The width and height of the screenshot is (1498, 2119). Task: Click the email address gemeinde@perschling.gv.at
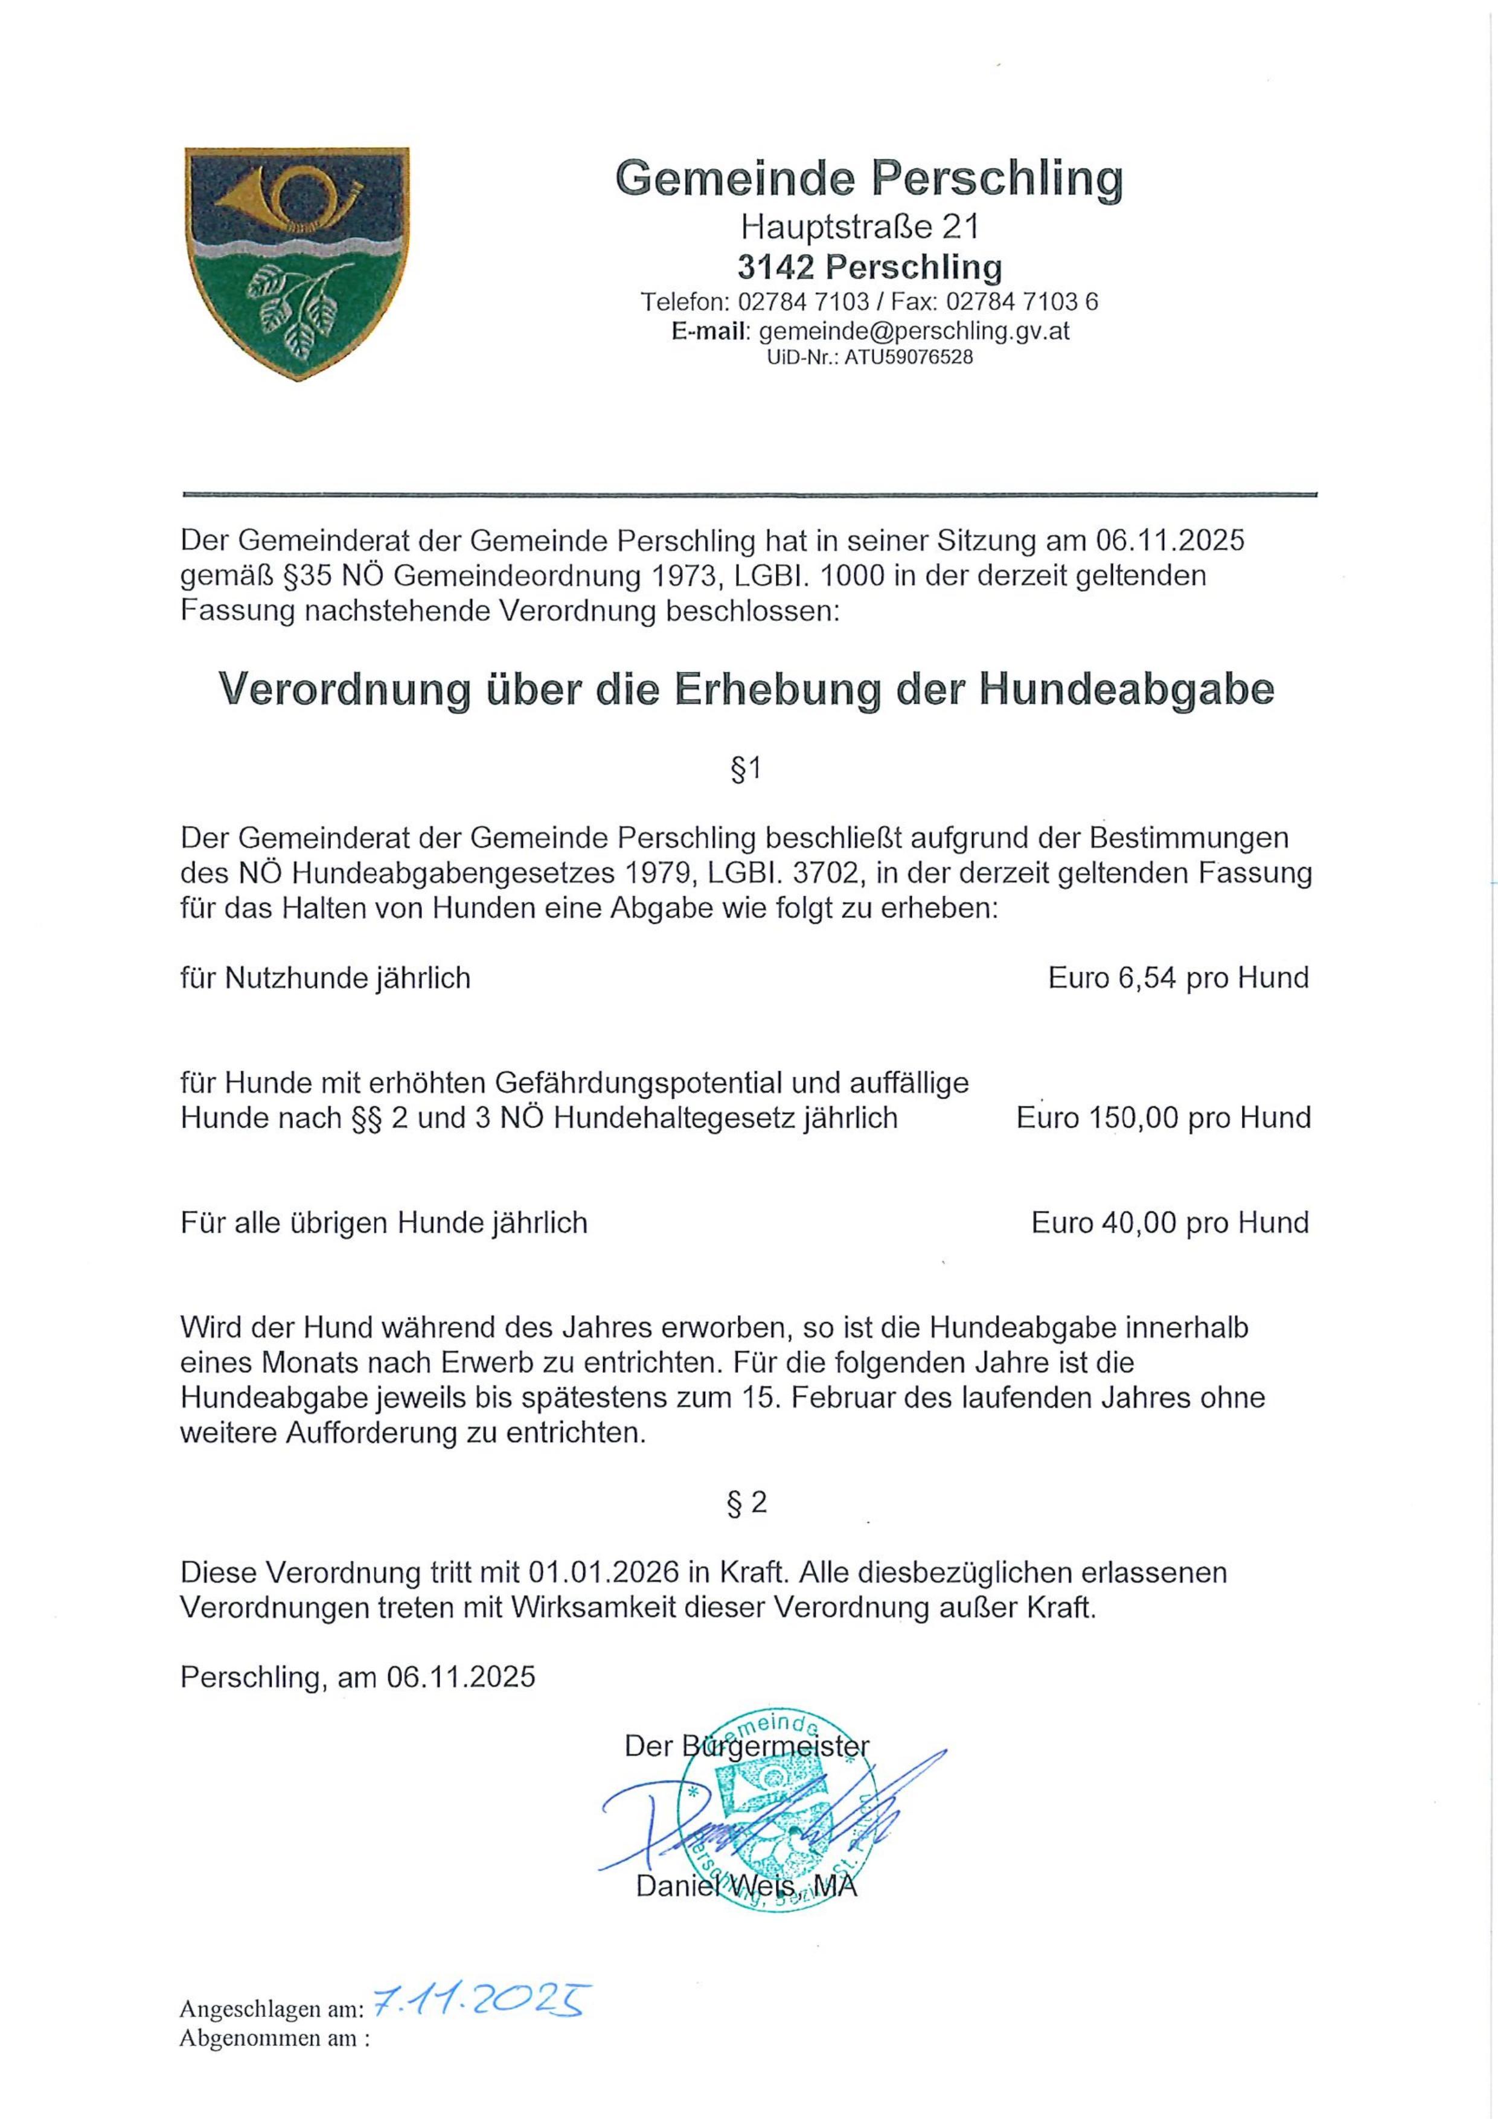point(914,330)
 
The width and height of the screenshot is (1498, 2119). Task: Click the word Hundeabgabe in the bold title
point(1126,690)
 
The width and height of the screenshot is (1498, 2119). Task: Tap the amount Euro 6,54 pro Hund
point(1178,978)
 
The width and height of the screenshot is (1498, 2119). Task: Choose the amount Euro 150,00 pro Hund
point(1163,1118)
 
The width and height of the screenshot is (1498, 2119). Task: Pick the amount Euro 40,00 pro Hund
point(1170,1223)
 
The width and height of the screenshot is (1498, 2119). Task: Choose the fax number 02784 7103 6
point(1023,302)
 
